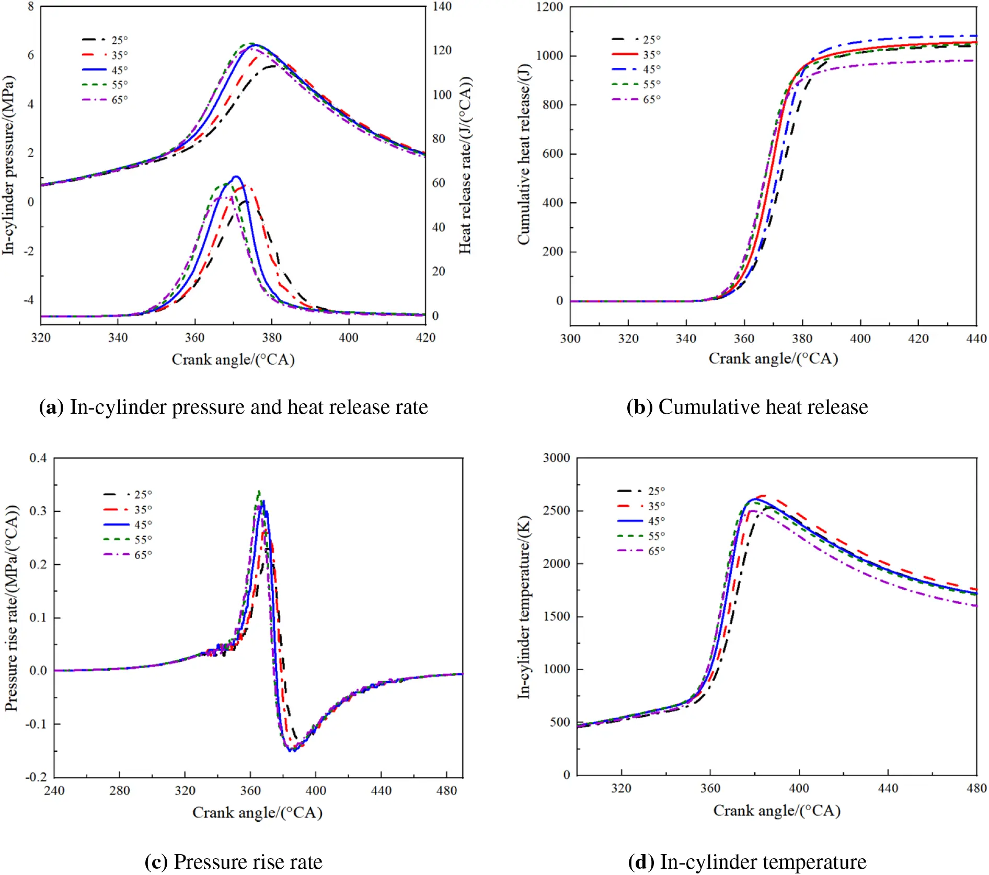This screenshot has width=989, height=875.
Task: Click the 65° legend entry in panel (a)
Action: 105,100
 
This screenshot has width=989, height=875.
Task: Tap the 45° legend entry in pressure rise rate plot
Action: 128,524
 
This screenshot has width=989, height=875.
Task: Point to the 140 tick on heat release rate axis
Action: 442,7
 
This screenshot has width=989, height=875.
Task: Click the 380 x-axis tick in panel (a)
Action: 272,338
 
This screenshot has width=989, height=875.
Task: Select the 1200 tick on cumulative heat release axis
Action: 549,7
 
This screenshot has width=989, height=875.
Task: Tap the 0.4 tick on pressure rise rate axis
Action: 38,458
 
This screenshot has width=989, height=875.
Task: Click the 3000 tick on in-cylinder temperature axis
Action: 556,458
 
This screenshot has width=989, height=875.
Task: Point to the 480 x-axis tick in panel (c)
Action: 446,790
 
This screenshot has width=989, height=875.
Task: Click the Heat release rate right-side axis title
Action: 465,166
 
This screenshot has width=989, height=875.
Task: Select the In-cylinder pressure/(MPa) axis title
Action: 8,166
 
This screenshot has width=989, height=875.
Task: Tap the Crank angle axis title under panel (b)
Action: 773,359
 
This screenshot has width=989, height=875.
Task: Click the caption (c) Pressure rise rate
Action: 233,862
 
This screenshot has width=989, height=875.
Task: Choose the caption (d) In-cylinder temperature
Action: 747,862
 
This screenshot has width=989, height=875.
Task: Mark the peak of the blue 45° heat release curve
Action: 236,177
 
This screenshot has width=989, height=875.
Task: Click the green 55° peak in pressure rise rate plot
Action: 259,492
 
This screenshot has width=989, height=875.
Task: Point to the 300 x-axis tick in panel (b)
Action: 570,339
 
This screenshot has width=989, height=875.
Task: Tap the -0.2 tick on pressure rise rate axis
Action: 36,777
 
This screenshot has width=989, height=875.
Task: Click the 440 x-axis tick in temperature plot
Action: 888,788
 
